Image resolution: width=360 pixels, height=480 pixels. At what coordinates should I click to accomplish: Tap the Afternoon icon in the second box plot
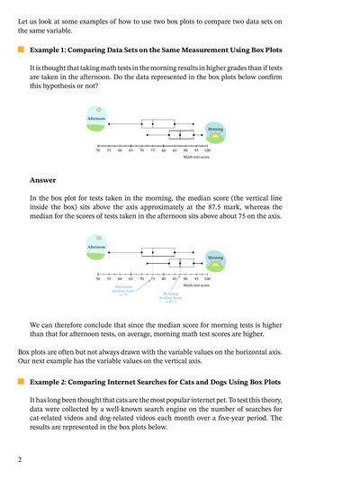[x=96, y=245]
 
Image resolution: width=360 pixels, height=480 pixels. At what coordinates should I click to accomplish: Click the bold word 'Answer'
[x=42, y=180]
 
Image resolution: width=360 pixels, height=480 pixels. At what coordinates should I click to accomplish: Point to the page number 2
[x=19, y=459]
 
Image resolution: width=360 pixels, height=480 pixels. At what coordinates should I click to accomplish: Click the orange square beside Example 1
[x=21, y=50]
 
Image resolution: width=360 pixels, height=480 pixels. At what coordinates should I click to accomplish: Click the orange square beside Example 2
[x=21, y=382]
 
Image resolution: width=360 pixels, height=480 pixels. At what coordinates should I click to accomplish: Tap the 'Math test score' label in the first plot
[x=195, y=158]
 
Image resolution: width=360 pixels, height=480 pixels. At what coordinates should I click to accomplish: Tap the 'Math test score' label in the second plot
[x=195, y=285]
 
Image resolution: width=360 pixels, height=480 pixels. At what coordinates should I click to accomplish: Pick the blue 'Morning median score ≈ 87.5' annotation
[x=171, y=297]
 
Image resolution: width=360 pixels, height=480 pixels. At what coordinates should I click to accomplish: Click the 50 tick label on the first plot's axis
[x=98, y=151]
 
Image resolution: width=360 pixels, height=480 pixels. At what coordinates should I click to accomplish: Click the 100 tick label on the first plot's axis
[x=207, y=151]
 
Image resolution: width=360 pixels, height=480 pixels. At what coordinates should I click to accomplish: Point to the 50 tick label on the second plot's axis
[x=98, y=279]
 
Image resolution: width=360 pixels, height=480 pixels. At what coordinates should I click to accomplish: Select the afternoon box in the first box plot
[x=157, y=123]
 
